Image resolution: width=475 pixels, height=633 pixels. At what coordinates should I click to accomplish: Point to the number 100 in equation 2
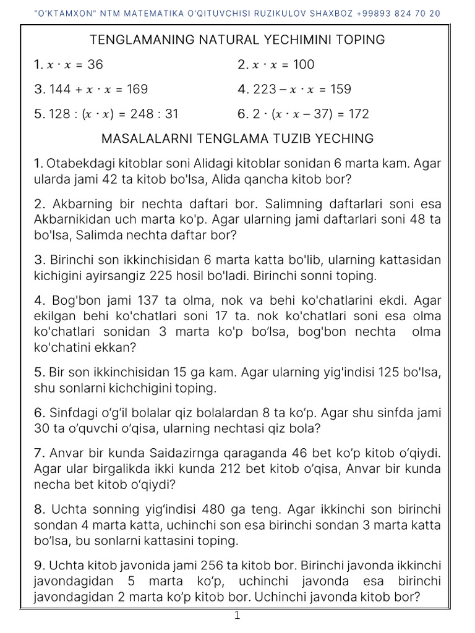click(x=303, y=64)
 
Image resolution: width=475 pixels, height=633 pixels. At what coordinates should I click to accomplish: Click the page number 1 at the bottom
click(x=237, y=616)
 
